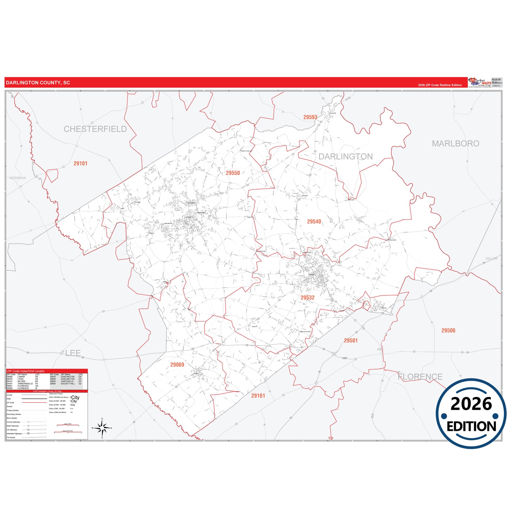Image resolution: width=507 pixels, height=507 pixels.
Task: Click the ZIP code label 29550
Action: pyautogui.click(x=233, y=173)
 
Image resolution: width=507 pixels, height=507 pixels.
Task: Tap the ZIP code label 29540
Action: pyautogui.click(x=314, y=221)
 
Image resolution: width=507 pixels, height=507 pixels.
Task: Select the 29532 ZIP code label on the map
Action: pyautogui.click(x=307, y=298)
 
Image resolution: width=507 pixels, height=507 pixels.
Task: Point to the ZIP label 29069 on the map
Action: pyautogui.click(x=177, y=365)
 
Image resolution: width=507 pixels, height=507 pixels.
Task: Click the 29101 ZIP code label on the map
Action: pyautogui.click(x=80, y=164)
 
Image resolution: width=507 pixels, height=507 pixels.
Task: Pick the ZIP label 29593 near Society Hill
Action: pyautogui.click(x=310, y=117)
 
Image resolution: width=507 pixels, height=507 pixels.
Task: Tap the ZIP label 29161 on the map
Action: pyautogui.click(x=258, y=396)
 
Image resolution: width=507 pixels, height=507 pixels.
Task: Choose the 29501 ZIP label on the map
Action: pyautogui.click(x=351, y=341)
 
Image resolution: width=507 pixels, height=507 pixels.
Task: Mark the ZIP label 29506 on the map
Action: pyautogui.click(x=448, y=331)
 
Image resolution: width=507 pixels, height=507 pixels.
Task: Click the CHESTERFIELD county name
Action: pyautogui.click(x=95, y=129)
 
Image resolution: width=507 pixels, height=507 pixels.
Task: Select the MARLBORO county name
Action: pyautogui.click(x=455, y=144)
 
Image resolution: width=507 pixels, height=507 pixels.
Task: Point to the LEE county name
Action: pyautogui.click(x=73, y=353)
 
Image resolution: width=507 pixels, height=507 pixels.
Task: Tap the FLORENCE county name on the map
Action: pyautogui.click(x=420, y=377)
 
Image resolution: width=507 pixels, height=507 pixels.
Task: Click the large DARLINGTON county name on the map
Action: pyautogui.click(x=346, y=156)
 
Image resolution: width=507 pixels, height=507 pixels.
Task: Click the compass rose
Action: pyautogui.click(x=102, y=428)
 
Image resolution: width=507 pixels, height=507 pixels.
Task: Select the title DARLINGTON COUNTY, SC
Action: pyautogui.click(x=38, y=83)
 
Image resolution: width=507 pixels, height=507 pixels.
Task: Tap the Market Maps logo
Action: pyautogui.click(x=480, y=82)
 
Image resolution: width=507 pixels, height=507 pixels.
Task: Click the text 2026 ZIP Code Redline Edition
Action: pyautogui.click(x=440, y=85)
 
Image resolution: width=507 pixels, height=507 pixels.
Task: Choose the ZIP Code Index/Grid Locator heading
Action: pyautogui.click(x=26, y=371)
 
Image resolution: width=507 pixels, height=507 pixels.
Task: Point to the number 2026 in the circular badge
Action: pyautogui.click(x=471, y=404)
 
